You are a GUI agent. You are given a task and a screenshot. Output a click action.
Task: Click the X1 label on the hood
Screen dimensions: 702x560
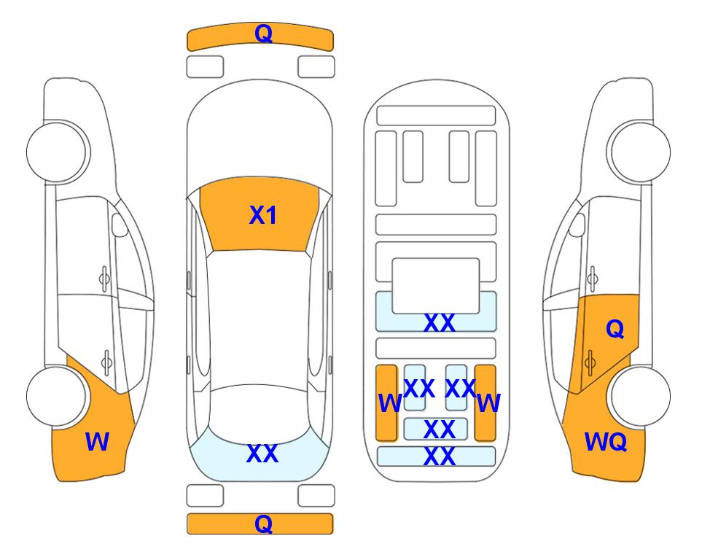click(x=263, y=215)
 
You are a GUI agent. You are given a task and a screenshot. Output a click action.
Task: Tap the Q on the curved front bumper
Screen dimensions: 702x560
click(x=264, y=34)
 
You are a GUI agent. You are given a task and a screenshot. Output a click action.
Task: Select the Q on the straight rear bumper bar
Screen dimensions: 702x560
click(x=264, y=524)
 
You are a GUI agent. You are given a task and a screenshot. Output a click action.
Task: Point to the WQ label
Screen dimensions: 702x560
click(x=606, y=442)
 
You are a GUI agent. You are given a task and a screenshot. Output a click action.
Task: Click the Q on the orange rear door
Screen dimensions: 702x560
click(x=615, y=330)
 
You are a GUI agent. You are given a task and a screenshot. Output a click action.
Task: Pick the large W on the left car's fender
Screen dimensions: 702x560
click(x=97, y=442)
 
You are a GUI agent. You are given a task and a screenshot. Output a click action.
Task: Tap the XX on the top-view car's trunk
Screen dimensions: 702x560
click(x=262, y=454)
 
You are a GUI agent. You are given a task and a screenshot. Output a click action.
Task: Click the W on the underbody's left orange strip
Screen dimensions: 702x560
click(x=389, y=403)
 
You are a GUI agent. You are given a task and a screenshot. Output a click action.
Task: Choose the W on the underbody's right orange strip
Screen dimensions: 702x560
click(x=488, y=403)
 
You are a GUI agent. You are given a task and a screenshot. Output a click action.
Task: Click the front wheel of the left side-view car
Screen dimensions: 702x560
click(x=56, y=152)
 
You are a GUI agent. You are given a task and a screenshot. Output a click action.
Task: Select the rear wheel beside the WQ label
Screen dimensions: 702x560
click(x=641, y=396)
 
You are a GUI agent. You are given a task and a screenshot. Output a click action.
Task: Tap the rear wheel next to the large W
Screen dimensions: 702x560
click(x=56, y=397)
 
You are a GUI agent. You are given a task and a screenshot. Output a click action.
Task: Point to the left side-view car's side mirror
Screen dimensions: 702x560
click(x=120, y=225)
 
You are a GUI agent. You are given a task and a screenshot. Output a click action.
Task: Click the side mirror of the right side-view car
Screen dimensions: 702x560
click(x=577, y=225)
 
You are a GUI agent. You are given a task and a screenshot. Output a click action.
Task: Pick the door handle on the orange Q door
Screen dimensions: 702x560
click(x=590, y=362)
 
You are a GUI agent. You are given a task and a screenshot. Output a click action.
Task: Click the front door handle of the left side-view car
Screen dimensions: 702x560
click(x=104, y=279)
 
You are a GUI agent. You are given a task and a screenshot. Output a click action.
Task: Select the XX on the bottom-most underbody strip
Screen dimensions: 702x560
click(x=440, y=456)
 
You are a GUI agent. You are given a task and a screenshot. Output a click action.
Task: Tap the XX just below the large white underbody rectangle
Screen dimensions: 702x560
click(x=440, y=322)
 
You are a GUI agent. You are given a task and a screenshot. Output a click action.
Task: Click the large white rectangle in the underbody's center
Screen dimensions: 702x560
click(x=436, y=286)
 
